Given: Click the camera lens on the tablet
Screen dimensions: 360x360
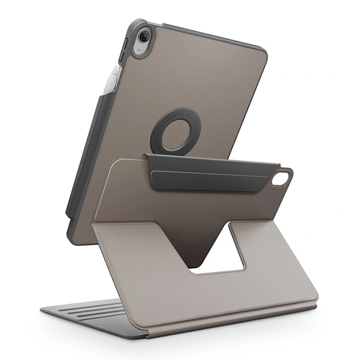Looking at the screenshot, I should [143, 36].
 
